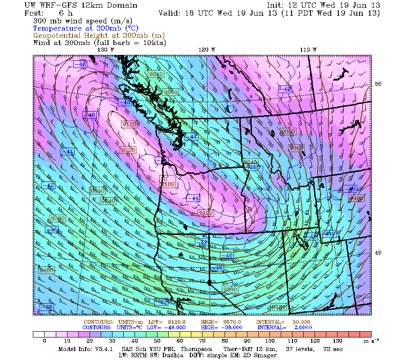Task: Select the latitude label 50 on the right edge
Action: [378, 84]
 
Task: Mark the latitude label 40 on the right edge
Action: [378, 252]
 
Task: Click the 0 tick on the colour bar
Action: [44, 341]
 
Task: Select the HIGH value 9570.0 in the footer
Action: [232, 322]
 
